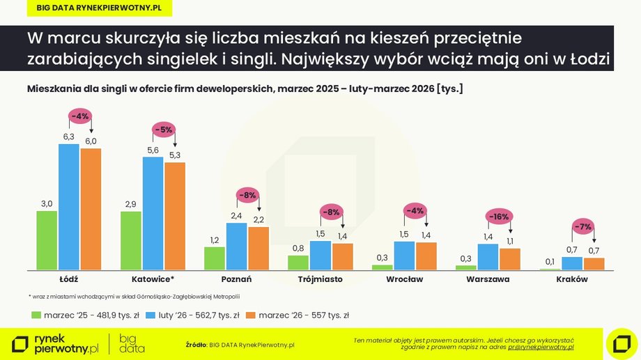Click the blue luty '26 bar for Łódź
click(68, 207)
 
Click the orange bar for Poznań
click(258, 248)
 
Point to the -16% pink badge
click(499, 217)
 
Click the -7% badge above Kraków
click(583, 226)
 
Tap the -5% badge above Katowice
click(164, 129)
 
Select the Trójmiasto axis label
click(320, 279)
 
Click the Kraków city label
click(572, 279)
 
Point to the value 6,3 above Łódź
click(69, 136)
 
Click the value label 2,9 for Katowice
click(131, 204)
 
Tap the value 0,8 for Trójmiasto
click(298, 248)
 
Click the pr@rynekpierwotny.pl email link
click(541, 346)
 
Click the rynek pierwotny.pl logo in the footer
click(56, 343)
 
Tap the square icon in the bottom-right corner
click(621, 343)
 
